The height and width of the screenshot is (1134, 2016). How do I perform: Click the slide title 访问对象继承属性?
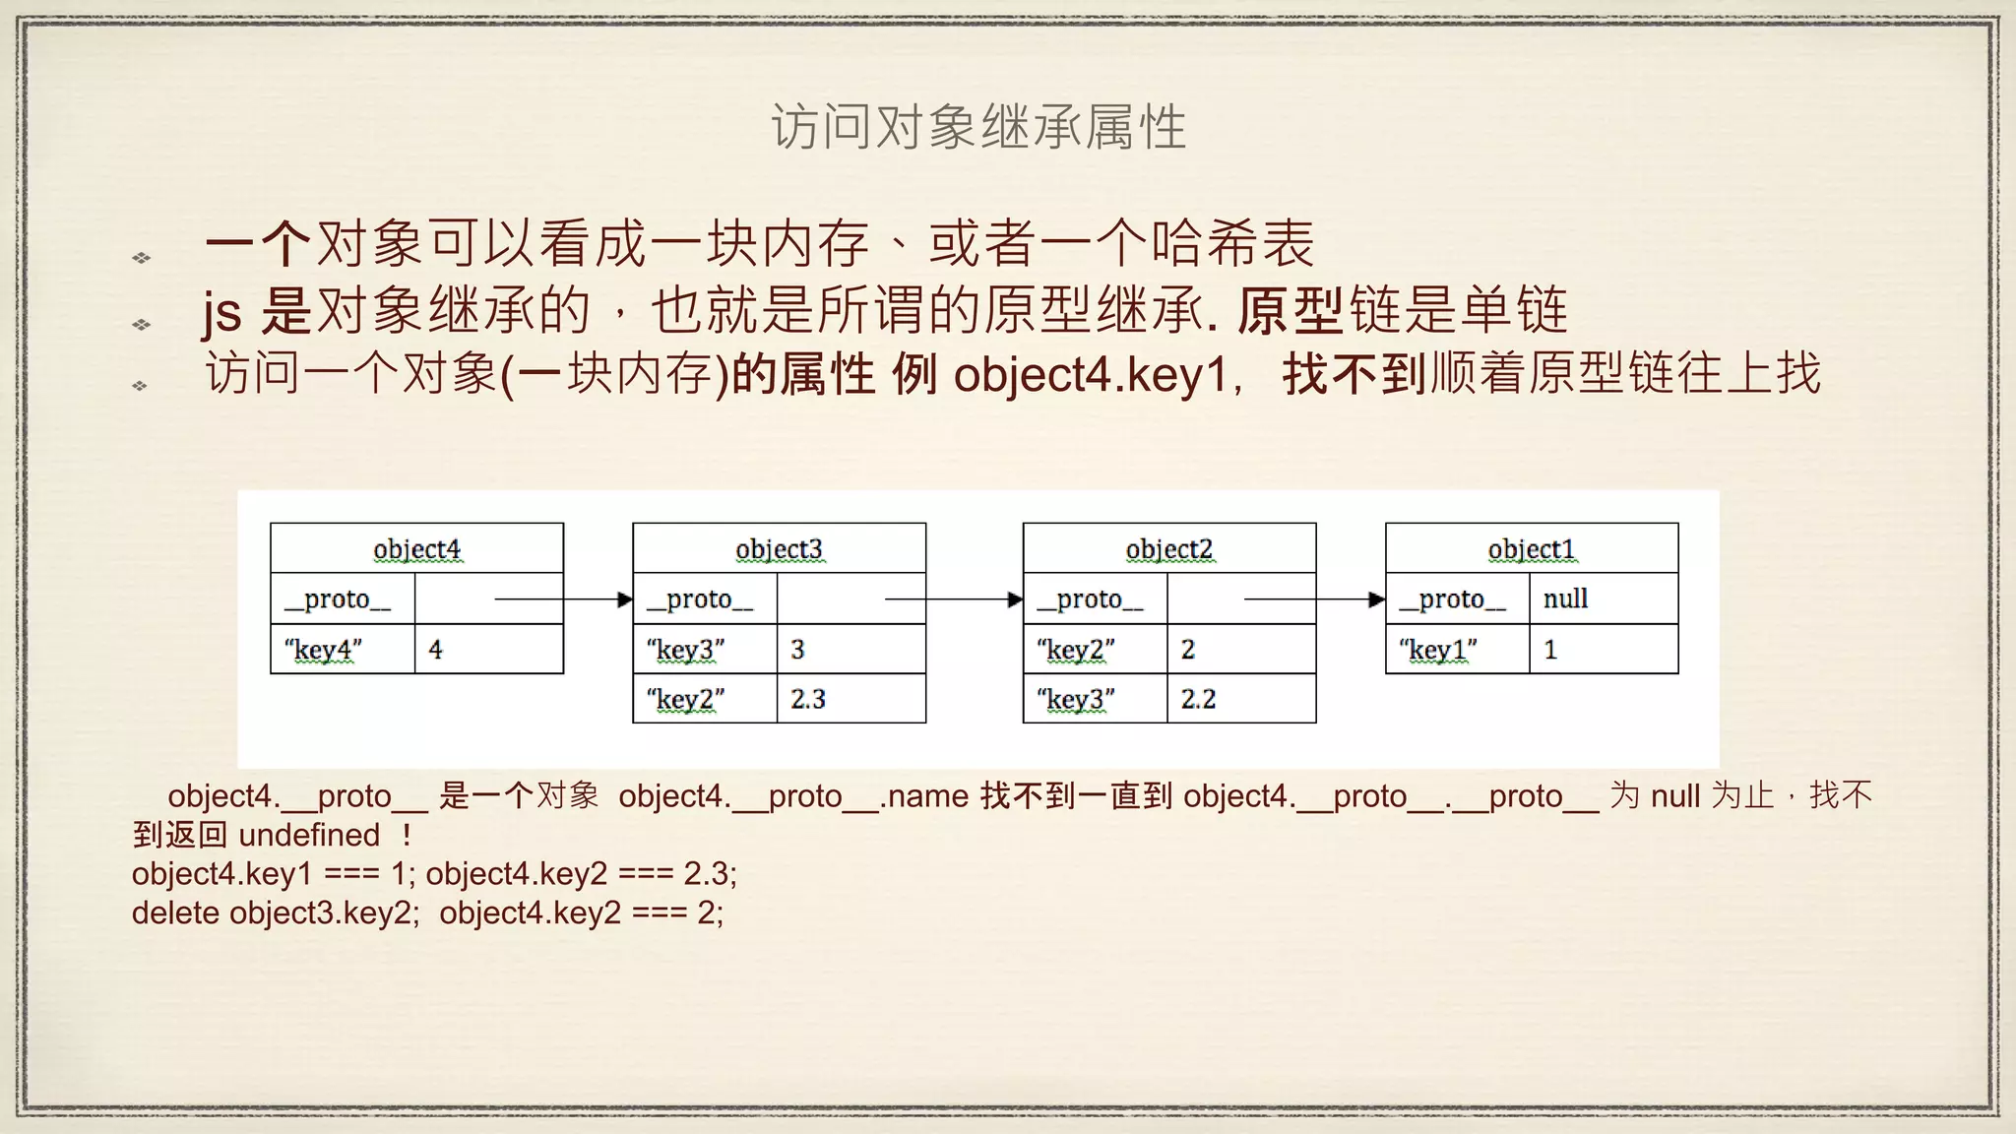tap(978, 128)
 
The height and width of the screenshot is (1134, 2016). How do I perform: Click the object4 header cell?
tap(416, 549)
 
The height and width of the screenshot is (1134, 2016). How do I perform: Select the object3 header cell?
tap(779, 549)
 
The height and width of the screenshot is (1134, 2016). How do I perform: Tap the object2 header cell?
tap(1169, 549)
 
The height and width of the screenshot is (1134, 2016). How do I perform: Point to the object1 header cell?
tap(1532, 549)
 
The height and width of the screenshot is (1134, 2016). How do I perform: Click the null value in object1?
tap(1565, 598)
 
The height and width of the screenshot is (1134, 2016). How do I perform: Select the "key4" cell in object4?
tap(324, 650)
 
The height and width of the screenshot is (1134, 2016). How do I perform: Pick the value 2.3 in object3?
tap(808, 699)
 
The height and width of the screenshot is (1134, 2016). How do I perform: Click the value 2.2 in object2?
tap(1199, 699)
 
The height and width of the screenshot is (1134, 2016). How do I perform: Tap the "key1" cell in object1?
tap(1438, 650)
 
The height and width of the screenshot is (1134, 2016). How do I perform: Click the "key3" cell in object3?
tap(686, 650)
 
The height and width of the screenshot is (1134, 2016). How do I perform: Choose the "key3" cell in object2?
tap(1076, 699)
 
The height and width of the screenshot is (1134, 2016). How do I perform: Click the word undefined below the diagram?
tap(309, 835)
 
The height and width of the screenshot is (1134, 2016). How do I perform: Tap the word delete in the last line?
tap(176, 913)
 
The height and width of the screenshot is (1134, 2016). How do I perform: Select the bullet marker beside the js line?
tap(142, 324)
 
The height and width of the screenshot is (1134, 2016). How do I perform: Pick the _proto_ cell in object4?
tap(338, 598)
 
